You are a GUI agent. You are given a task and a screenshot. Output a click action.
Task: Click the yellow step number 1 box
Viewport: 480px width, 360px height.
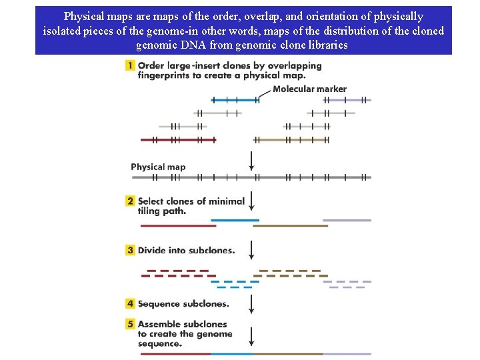click(130, 65)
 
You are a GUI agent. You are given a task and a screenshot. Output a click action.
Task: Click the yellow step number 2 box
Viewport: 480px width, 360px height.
click(130, 201)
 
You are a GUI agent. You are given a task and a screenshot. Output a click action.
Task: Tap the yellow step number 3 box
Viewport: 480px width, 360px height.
click(130, 250)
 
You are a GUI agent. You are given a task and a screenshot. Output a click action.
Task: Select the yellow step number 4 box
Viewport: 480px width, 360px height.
click(130, 303)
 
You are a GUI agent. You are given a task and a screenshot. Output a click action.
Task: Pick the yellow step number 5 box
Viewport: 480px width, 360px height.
click(130, 324)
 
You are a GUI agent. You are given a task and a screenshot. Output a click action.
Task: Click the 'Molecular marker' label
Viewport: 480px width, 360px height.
click(309, 89)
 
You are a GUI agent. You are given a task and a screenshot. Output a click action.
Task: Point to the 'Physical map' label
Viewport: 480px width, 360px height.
click(158, 167)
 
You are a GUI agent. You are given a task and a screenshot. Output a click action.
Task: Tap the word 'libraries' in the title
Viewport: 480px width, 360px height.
click(326, 45)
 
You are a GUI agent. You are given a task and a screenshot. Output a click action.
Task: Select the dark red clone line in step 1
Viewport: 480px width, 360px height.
click(178, 140)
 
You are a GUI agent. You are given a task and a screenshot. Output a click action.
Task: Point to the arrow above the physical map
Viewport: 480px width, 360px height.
click(251, 160)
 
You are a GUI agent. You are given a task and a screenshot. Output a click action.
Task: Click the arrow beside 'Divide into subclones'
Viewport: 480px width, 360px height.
click(251, 250)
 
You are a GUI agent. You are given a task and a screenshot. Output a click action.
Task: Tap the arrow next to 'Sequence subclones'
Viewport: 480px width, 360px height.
click(251, 303)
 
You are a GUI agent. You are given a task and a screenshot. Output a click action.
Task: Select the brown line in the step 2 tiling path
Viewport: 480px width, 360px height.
click(291, 226)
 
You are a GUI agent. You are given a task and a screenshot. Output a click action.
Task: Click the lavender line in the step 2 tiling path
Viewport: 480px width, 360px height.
click(347, 220)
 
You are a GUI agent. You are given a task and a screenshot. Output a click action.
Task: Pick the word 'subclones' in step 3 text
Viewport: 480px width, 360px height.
click(211, 251)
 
